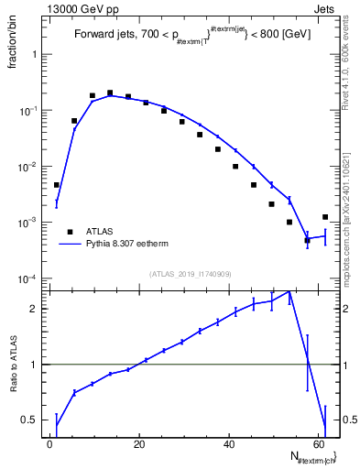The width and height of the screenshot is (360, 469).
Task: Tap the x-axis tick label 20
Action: coord(138,445)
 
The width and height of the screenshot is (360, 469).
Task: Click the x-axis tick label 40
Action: coord(227,445)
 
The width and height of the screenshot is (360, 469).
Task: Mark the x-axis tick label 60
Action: coord(316,445)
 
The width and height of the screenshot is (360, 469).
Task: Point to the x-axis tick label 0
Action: coord(49,445)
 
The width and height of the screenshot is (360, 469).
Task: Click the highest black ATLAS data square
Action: coord(110,93)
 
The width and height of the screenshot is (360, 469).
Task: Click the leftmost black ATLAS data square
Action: coord(57,185)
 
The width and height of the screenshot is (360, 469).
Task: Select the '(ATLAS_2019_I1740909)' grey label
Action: coord(190,274)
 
